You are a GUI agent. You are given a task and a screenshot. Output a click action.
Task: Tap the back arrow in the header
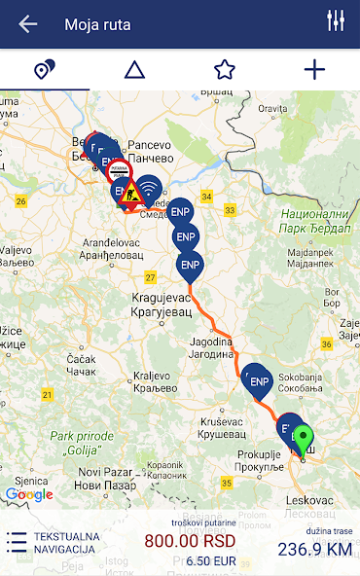(27, 24)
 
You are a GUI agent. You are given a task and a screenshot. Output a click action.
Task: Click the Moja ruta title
(97, 24)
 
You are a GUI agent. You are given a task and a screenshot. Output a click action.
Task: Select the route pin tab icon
(45, 70)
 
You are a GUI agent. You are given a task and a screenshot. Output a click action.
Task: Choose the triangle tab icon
(134, 70)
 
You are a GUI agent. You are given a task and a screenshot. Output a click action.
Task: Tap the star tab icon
(225, 70)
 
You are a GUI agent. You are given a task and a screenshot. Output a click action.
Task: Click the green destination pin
(305, 440)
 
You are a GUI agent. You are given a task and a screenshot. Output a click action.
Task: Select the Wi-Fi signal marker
(148, 188)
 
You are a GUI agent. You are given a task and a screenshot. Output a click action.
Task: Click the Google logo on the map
(29, 494)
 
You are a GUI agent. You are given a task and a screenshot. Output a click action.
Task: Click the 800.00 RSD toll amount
(191, 541)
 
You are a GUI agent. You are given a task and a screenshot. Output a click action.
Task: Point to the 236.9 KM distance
(314, 549)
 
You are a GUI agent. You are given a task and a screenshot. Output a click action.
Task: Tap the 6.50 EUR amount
(210, 561)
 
